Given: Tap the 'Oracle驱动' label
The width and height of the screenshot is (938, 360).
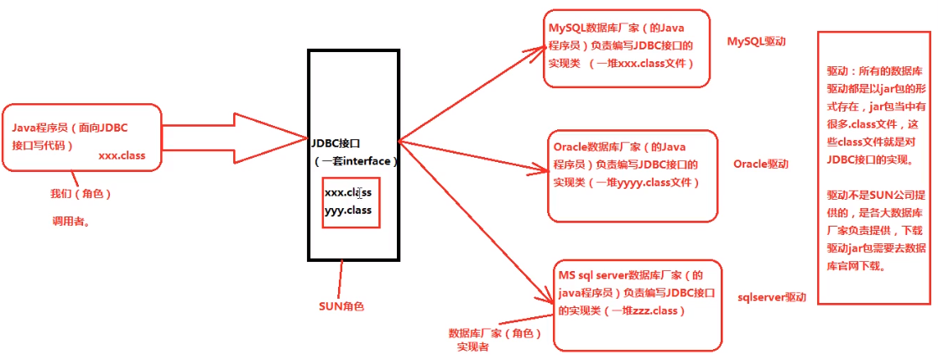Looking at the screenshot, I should click(761, 164).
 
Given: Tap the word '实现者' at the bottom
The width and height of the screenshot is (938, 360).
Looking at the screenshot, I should click(473, 346).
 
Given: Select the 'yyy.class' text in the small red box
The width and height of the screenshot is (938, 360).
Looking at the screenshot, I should click(348, 210).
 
